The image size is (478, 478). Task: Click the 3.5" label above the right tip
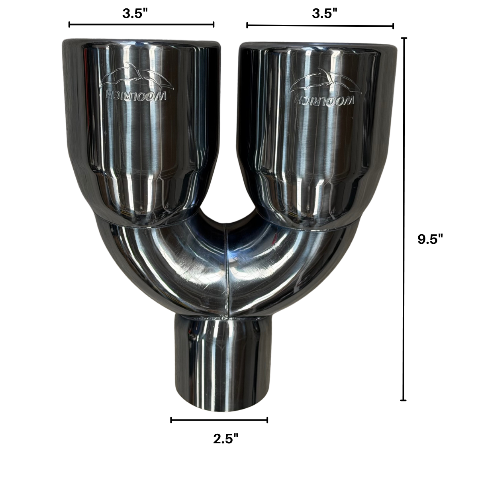[x=325, y=14]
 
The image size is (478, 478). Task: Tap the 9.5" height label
[x=430, y=239]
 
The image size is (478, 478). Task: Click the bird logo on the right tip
[x=325, y=80]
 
